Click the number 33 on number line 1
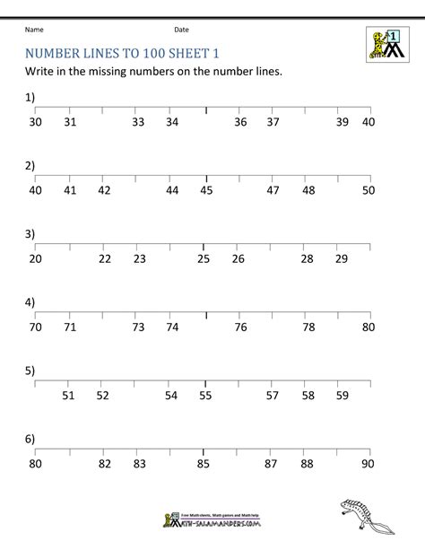coord(138,122)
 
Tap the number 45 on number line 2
coord(206,190)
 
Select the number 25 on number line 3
coord(204,258)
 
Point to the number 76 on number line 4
coord(240,327)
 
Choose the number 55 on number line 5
coord(205,395)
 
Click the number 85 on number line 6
coord(204,464)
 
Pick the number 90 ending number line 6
coord(367,464)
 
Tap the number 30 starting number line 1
coord(35,122)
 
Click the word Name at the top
coord(35,30)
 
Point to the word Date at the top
coord(182,30)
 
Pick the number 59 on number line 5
coord(342,395)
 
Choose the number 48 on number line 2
coord(308,190)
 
